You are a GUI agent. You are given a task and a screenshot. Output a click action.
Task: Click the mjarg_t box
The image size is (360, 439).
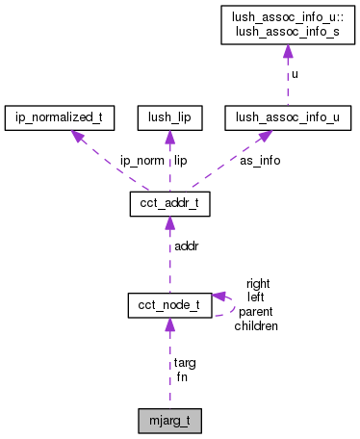(x=169, y=420)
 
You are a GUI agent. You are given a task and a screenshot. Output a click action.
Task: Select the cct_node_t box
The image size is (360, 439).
(x=169, y=305)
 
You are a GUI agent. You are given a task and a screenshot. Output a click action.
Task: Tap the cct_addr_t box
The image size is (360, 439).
(x=169, y=205)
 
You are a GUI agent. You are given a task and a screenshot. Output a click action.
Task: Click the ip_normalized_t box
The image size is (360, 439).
(x=60, y=118)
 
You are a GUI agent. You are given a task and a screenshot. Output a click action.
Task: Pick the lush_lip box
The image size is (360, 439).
(x=169, y=118)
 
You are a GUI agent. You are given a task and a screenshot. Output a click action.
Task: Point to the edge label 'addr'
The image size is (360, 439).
(x=186, y=247)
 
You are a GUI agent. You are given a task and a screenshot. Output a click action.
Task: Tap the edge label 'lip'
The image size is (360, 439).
(x=180, y=161)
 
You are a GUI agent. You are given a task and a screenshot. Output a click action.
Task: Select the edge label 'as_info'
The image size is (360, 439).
(x=260, y=161)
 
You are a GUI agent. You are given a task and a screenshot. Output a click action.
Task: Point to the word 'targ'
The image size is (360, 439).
(x=186, y=363)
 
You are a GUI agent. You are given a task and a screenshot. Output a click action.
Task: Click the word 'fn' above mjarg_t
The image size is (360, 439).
(x=181, y=376)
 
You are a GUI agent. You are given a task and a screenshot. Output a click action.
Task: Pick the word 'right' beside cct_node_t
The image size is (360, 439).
(x=258, y=284)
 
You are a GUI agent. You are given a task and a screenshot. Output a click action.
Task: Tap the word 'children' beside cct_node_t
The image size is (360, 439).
(x=256, y=326)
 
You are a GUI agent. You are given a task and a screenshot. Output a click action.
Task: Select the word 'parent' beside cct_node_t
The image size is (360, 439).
(x=257, y=312)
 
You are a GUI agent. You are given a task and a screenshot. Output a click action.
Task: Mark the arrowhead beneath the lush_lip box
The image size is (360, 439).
(x=169, y=138)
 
